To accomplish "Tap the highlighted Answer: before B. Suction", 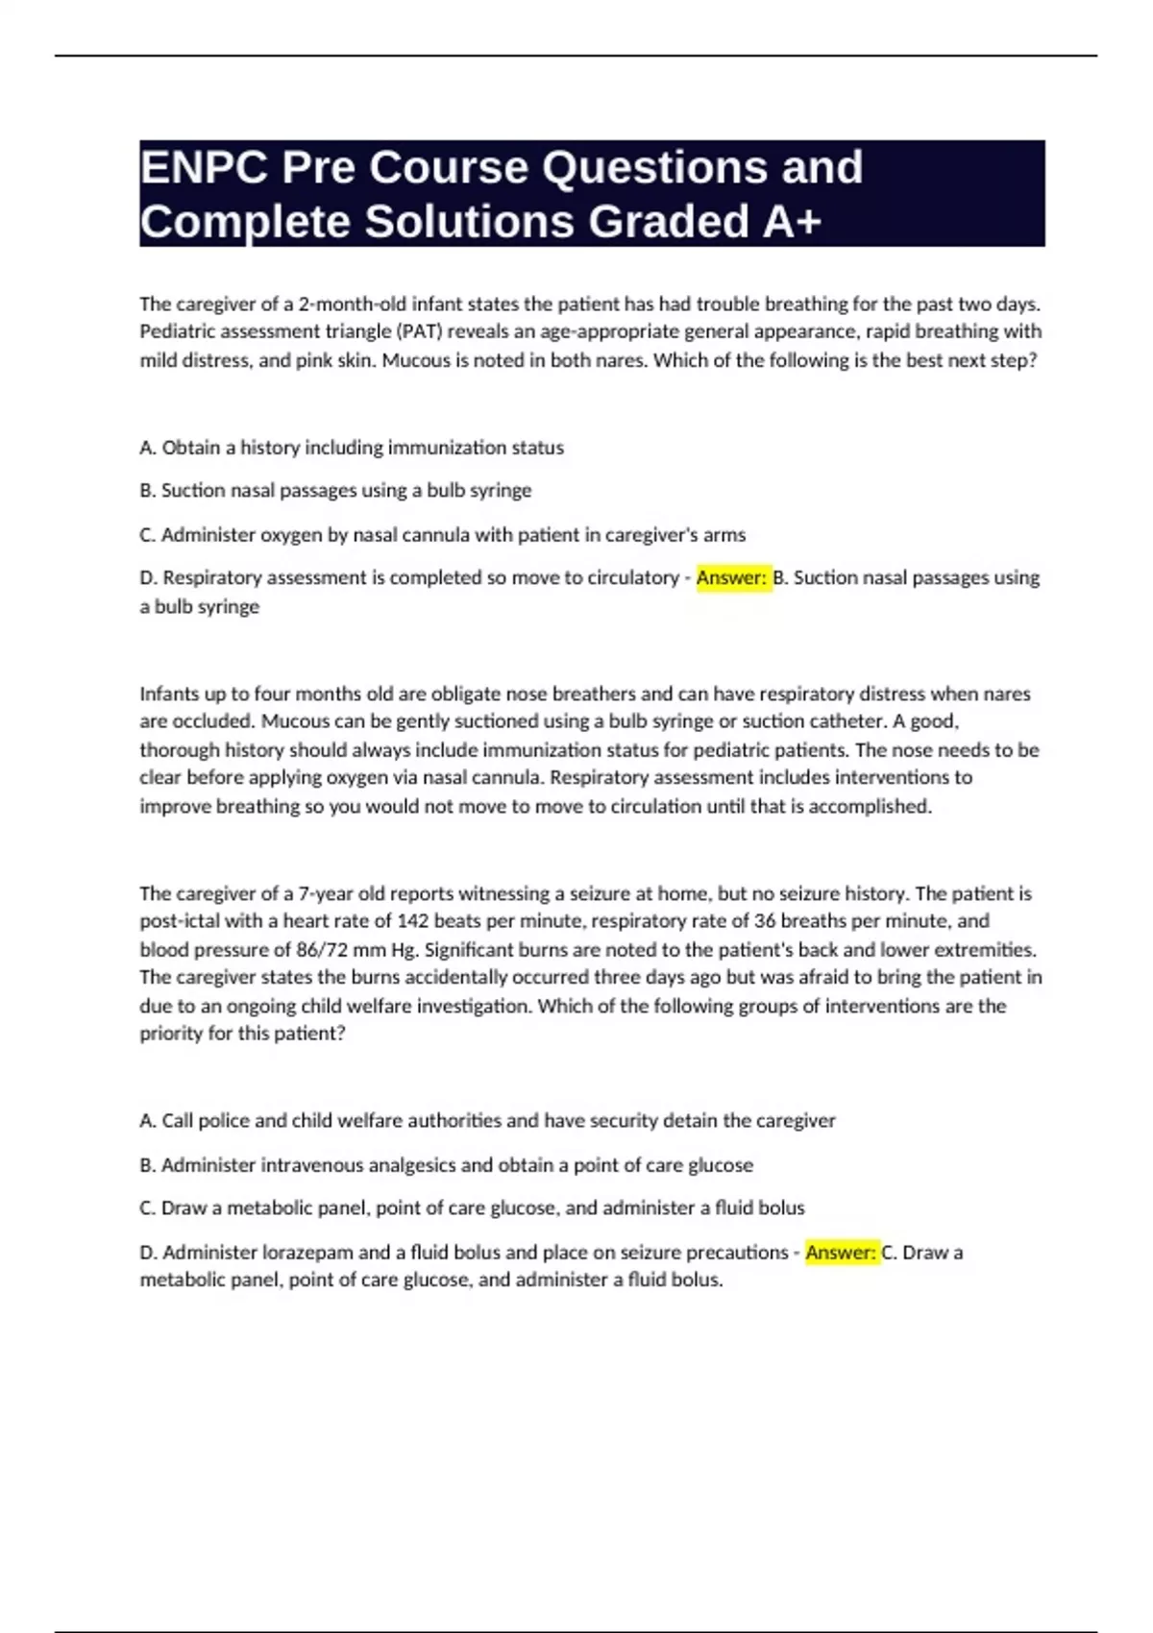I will tap(732, 578).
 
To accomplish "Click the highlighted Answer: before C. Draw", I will tap(842, 1253).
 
